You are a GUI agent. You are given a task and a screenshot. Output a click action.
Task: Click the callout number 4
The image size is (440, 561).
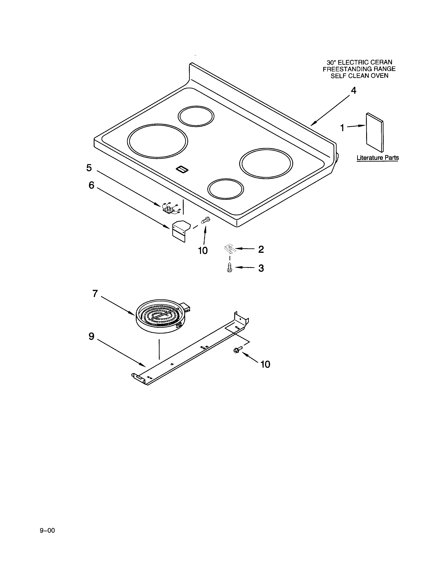coord(354,91)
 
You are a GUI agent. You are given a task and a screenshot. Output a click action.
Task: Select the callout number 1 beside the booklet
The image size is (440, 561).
coord(342,128)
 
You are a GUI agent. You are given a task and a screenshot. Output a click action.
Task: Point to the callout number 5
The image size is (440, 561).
coord(89,168)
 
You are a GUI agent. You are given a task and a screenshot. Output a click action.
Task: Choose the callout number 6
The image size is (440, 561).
coord(91,185)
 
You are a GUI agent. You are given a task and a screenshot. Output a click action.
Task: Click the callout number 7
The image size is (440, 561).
coord(95,293)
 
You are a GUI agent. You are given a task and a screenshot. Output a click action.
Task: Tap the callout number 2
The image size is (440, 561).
coord(261,249)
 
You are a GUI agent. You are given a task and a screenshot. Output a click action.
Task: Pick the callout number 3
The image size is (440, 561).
coord(261,268)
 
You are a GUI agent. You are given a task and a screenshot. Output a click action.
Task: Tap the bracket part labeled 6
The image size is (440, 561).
coord(180,230)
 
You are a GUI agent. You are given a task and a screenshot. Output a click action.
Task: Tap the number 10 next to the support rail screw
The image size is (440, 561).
coord(265,364)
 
